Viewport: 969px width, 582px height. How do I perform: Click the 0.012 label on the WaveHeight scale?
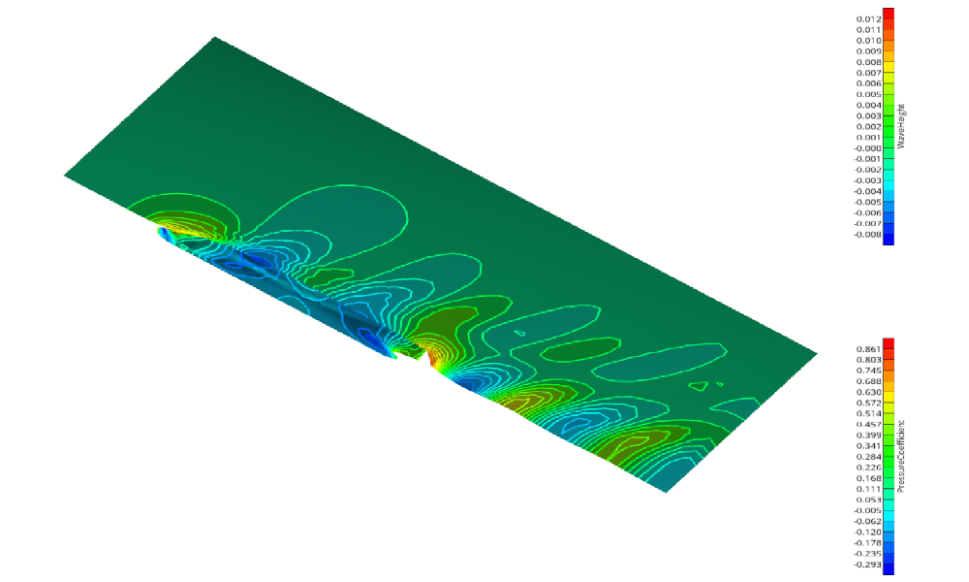[x=868, y=19]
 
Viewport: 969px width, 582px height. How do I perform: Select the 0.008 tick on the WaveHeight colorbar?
[x=868, y=62]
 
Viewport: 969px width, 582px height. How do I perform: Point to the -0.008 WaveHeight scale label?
[x=867, y=234]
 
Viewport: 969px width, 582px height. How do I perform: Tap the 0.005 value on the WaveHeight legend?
[x=868, y=94]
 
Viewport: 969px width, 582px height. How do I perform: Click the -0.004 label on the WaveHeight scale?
[x=867, y=191]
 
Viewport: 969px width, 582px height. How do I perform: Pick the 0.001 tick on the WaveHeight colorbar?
[x=868, y=138]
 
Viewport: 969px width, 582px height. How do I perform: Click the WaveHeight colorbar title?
[x=900, y=126]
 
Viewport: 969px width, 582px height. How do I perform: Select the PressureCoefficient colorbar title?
[x=900, y=456]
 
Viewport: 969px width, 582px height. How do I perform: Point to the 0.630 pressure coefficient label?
[x=868, y=392]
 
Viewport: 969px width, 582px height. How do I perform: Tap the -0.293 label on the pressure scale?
[x=867, y=566]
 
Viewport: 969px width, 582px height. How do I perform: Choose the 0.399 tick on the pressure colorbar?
[x=868, y=436]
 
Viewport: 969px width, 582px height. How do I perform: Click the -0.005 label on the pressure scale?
[x=867, y=510]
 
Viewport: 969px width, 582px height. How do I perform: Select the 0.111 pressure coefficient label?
[x=868, y=489]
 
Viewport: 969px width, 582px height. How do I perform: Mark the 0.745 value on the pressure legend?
[x=868, y=370]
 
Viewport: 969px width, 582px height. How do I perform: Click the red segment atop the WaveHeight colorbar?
[x=888, y=14]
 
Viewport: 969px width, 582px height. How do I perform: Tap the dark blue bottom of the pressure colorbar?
[x=888, y=568]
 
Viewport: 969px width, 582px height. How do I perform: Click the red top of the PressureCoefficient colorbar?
[x=888, y=343]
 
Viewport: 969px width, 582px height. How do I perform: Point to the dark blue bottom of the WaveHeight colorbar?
[x=888, y=238]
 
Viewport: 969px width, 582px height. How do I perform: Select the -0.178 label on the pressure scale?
[x=867, y=543]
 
